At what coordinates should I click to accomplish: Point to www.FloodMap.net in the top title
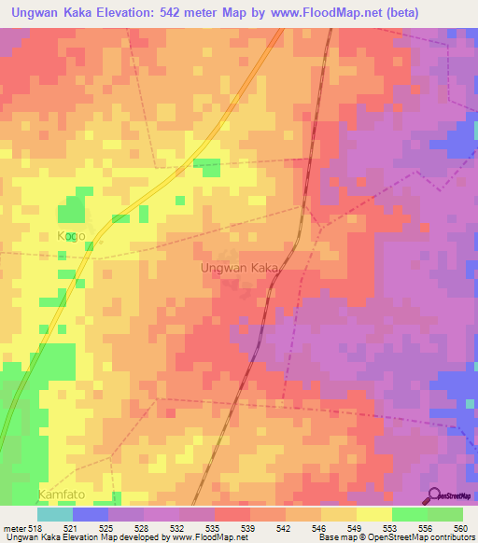[312, 13]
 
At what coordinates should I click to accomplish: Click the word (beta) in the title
[396, 13]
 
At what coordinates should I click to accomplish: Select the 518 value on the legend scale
[35, 528]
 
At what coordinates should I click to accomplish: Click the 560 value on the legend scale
[460, 528]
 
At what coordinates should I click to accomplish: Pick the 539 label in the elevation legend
[248, 528]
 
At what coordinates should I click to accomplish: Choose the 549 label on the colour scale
[355, 528]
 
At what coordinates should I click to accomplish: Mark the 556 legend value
[426, 528]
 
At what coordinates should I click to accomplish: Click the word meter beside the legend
[13, 528]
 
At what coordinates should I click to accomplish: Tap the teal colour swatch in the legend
[54, 514]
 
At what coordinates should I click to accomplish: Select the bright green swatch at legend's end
[445, 514]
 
